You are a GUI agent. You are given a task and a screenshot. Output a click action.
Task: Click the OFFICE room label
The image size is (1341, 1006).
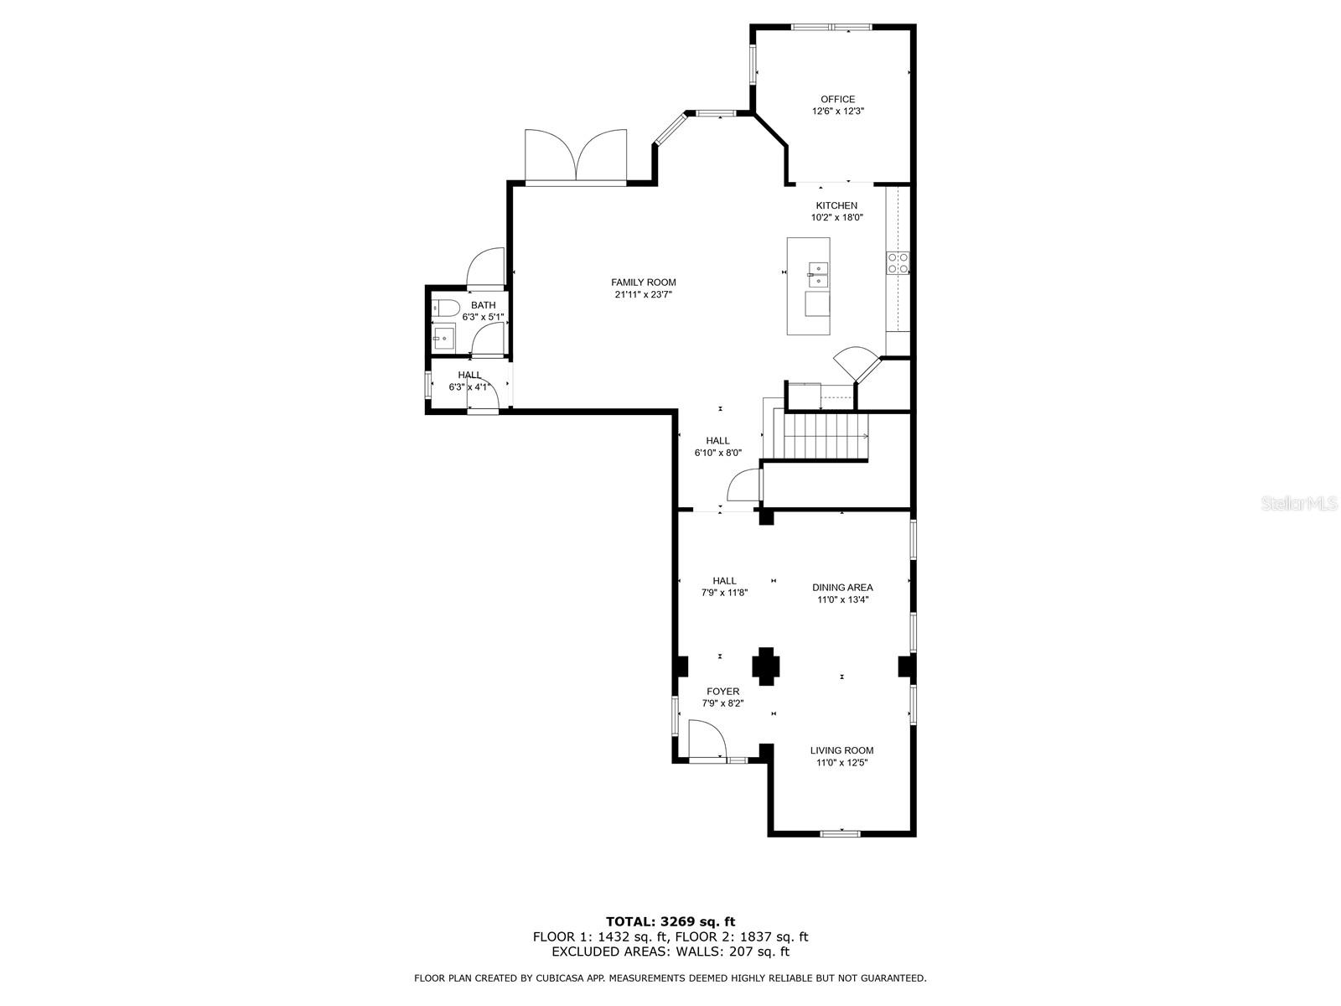pos(837,99)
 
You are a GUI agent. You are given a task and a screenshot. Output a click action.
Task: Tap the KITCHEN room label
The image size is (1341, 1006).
pos(836,206)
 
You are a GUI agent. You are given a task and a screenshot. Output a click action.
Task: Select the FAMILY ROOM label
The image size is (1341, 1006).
pos(644,283)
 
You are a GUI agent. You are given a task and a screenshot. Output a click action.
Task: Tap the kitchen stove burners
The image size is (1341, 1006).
pos(898,262)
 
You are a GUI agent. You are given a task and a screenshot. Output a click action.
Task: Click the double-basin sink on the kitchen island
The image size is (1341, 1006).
pos(817,275)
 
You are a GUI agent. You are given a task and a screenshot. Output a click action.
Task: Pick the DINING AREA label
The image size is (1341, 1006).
pos(842,588)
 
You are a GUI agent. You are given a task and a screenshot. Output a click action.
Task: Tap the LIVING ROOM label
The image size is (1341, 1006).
pos(841,750)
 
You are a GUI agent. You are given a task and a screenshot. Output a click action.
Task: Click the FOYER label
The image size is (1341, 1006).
pos(722,692)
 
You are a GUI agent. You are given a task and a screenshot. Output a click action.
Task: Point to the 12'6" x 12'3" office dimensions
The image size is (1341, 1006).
pos(837,111)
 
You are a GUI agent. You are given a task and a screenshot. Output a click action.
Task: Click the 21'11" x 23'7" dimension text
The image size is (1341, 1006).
pos(644,294)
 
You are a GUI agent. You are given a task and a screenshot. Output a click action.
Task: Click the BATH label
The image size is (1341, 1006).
pos(484,305)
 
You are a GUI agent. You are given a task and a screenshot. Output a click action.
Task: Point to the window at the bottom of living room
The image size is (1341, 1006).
pos(840,833)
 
